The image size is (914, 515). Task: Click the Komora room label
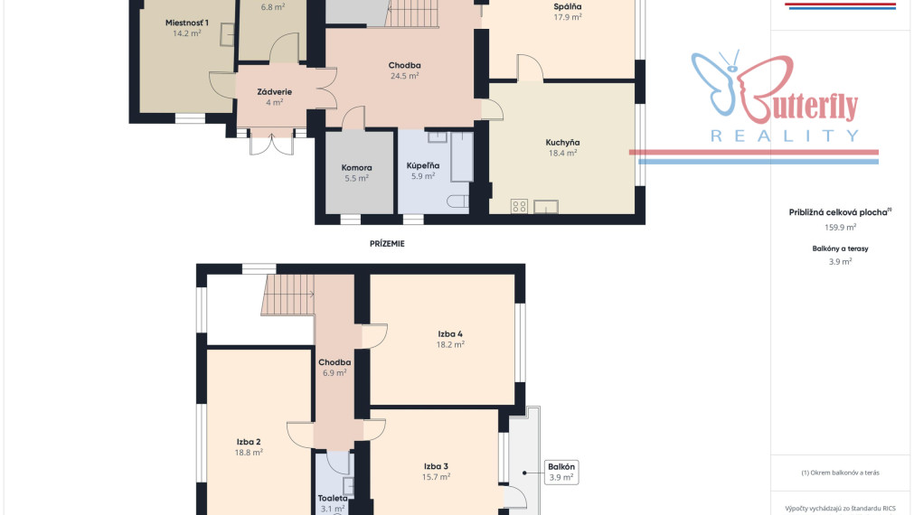coord(356,168)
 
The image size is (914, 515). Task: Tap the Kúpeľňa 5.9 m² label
coord(422,171)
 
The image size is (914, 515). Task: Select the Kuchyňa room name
coord(562,143)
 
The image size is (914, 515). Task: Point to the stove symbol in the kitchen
coord(519,206)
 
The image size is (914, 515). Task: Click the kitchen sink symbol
coord(546,206)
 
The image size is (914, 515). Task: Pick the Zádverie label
coord(275,92)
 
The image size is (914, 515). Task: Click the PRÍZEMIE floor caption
coord(387,244)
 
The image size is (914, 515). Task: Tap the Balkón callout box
coord(561,472)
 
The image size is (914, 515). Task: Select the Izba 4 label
coord(450,333)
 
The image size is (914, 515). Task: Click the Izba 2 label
coord(249,442)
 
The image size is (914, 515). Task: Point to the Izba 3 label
coord(436,466)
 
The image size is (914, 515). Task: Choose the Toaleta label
coord(333,498)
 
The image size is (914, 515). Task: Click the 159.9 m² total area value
coord(840,227)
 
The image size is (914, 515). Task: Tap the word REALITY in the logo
coord(785,136)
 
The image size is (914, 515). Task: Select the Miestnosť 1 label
coord(186,23)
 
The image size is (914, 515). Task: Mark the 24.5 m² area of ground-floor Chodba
coord(404,76)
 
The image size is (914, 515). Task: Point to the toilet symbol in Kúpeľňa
coord(457,201)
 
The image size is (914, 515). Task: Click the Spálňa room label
coord(568,7)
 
